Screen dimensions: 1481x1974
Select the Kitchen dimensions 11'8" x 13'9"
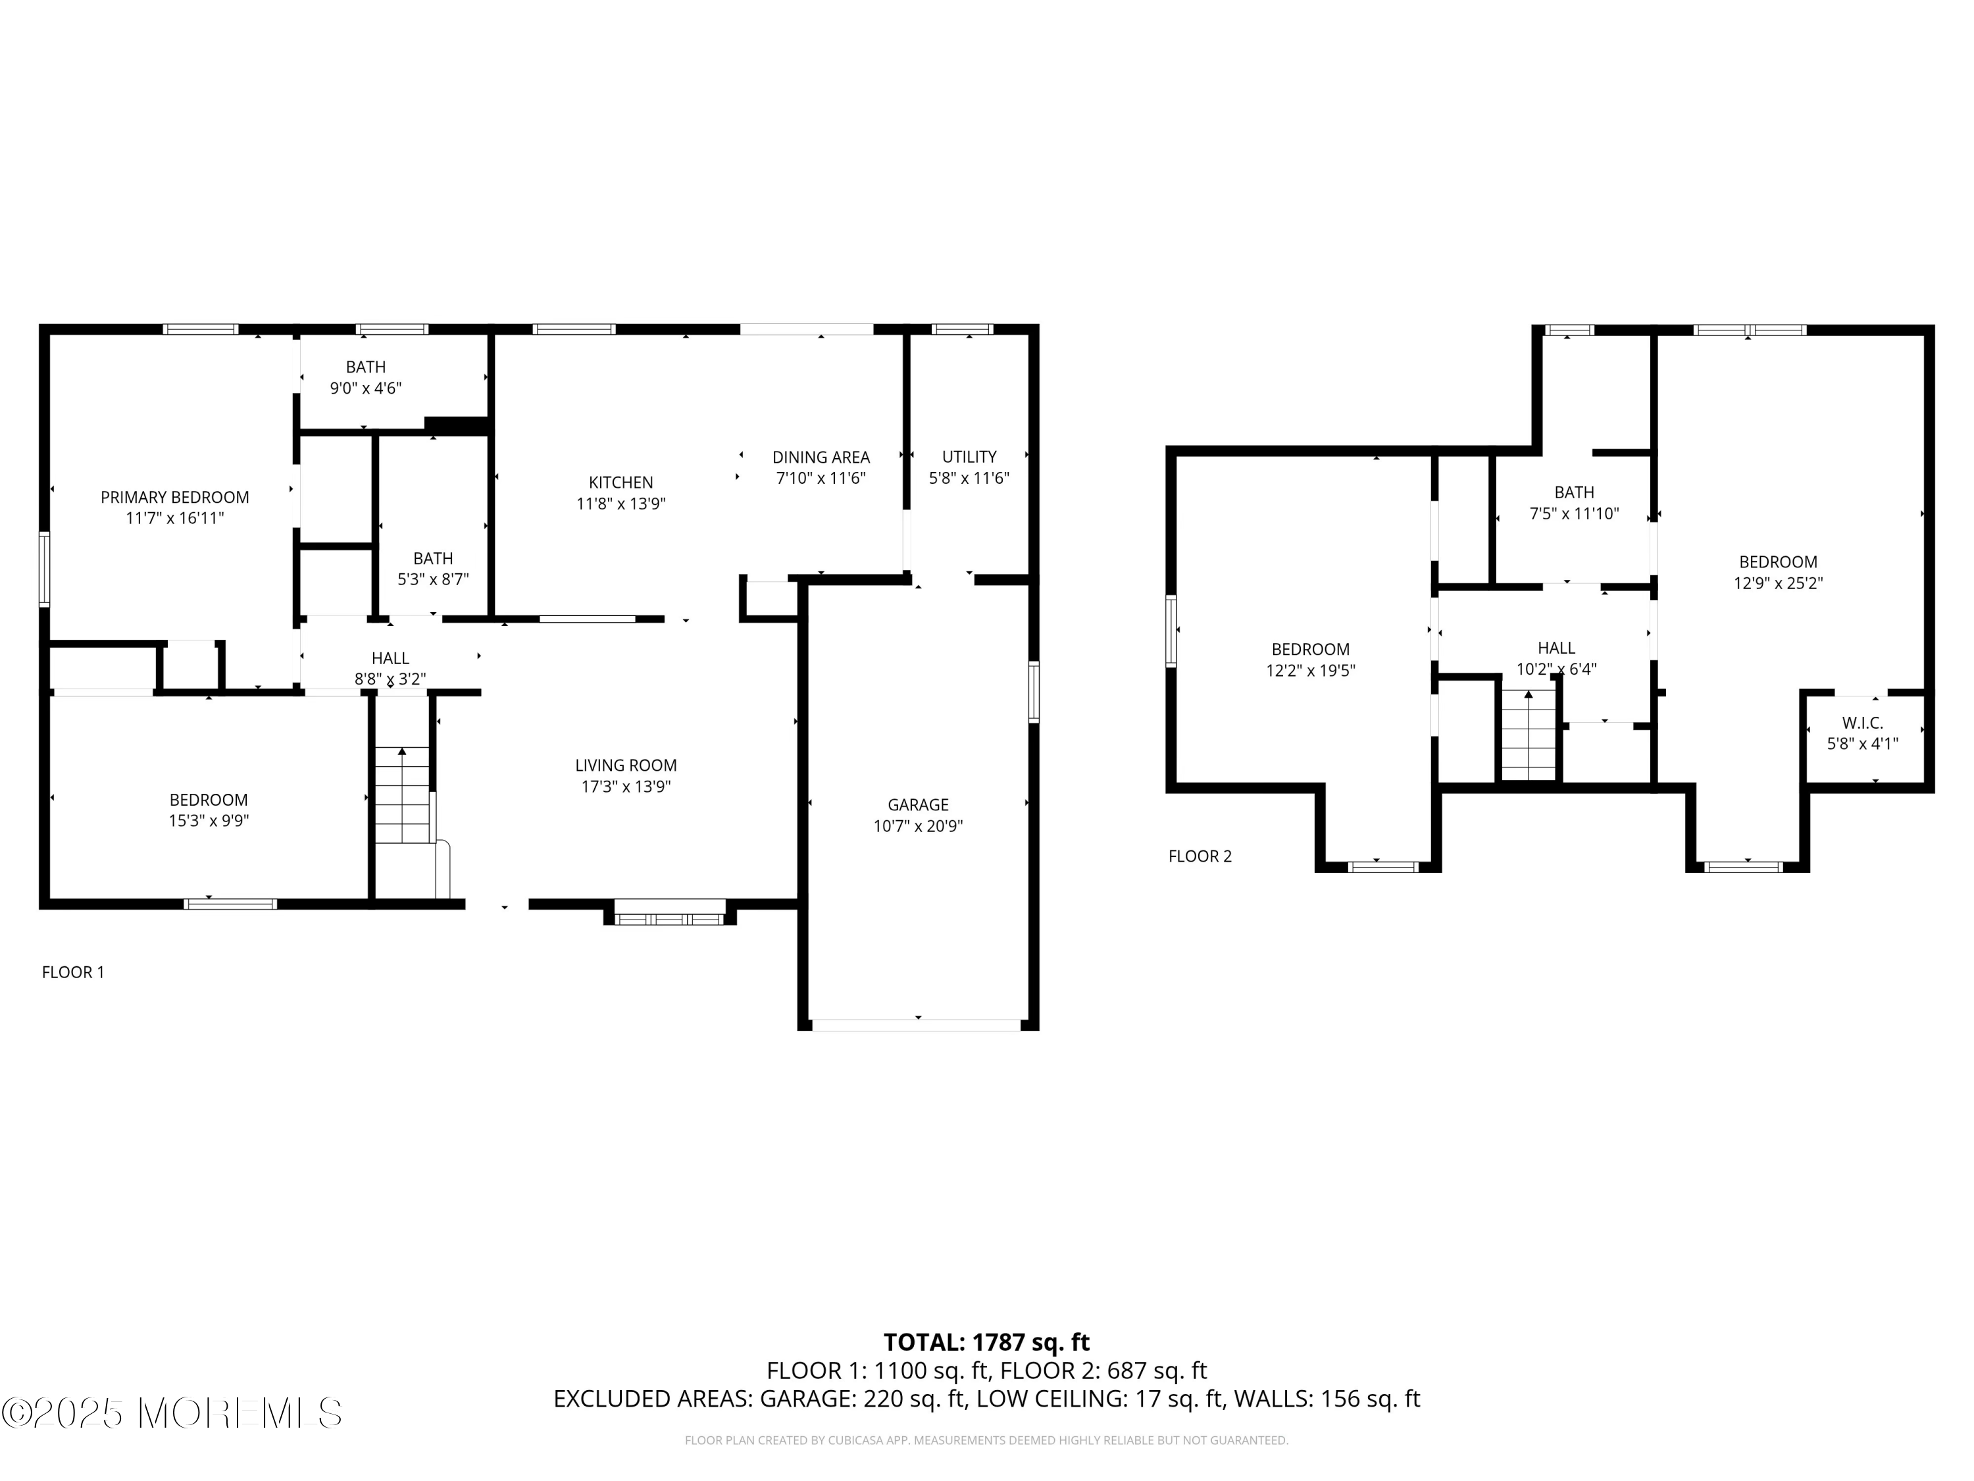(620, 504)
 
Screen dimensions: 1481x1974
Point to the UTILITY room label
(969, 456)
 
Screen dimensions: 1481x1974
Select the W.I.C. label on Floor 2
(1861, 723)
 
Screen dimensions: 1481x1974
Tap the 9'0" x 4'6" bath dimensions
(365, 388)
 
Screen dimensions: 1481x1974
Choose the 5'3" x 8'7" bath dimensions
(433, 579)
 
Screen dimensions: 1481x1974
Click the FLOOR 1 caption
(73, 972)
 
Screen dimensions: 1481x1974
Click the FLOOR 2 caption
(1200, 856)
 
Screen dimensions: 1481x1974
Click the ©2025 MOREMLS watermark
(171, 1413)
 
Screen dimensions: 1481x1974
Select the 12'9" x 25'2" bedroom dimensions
(1778, 583)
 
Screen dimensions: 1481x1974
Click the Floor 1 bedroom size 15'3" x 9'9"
(208, 820)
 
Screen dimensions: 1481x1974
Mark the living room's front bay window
(669, 918)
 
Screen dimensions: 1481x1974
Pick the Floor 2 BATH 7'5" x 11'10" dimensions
(1573, 513)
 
